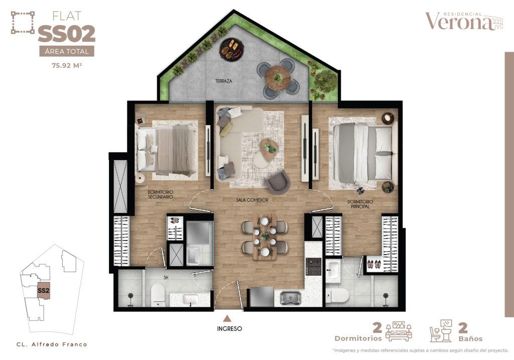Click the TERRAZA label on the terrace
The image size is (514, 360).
[x=223, y=81]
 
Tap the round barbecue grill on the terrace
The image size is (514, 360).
[x=232, y=49]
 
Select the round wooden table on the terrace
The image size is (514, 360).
[x=278, y=78]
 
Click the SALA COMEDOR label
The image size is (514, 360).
[x=252, y=200]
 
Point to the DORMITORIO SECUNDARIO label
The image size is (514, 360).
[x=160, y=194]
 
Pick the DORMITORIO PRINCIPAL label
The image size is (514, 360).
[x=360, y=204]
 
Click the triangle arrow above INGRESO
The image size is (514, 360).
[x=227, y=318]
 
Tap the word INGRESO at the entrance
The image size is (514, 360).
[x=229, y=328]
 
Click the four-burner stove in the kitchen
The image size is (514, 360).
[x=313, y=267]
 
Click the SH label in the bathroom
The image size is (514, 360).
[x=166, y=277]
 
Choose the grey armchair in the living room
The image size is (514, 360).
[x=279, y=182]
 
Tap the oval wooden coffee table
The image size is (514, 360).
[x=269, y=150]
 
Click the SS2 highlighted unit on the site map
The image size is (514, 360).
[x=44, y=291]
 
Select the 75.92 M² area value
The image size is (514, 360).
[x=67, y=65]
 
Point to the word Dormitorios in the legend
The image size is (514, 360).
[x=358, y=338]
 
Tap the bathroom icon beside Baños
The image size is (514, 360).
[x=441, y=331]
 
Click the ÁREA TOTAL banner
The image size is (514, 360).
[x=67, y=52]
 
